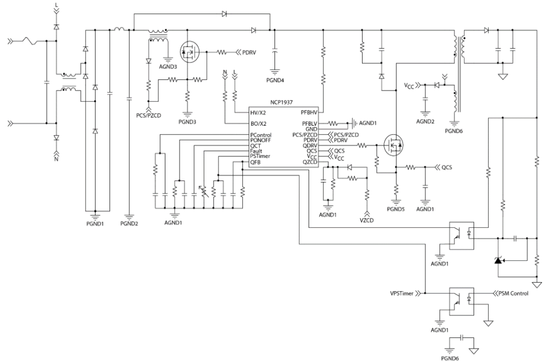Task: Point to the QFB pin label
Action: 255,162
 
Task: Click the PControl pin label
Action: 261,135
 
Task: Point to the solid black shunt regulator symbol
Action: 499,260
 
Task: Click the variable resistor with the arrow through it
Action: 204,191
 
